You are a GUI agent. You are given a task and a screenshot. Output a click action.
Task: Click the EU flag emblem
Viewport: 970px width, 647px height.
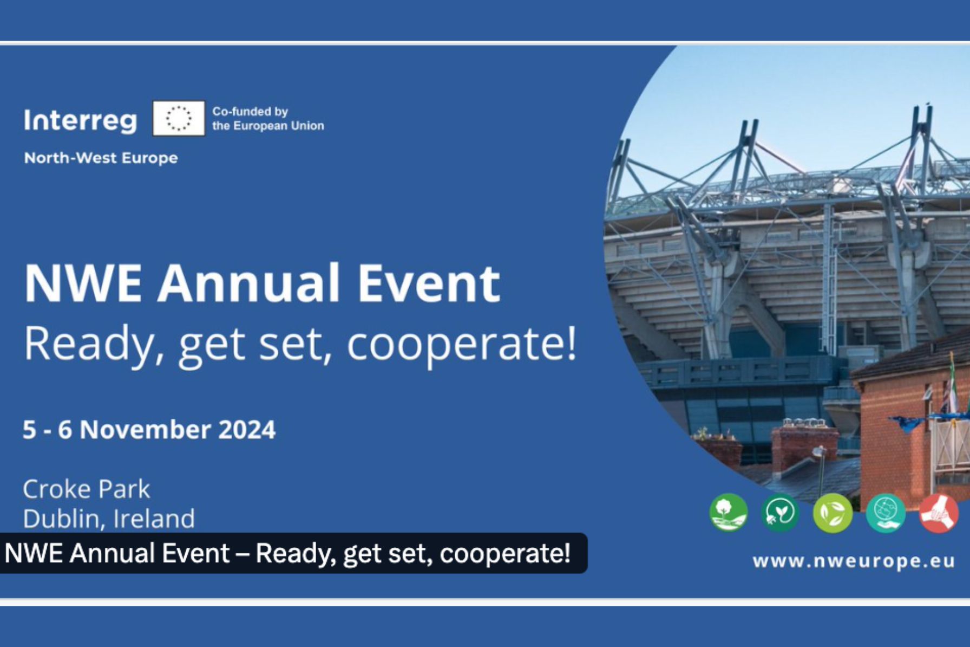(179, 118)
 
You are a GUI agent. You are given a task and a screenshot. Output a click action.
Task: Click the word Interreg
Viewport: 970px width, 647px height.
(80, 120)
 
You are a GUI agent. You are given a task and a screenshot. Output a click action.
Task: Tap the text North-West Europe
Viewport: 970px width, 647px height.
(101, 158)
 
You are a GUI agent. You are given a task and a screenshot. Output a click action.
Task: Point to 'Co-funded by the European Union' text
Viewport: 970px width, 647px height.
(268, 119)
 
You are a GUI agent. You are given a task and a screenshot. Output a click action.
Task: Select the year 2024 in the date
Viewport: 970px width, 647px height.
(246, 430)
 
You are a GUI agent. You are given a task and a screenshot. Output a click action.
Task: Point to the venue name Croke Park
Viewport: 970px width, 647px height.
(87, 489)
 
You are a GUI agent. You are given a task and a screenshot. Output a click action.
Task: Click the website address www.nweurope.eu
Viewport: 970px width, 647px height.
(854, 561)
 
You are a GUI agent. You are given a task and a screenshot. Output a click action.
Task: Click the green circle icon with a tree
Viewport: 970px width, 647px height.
(728, 512)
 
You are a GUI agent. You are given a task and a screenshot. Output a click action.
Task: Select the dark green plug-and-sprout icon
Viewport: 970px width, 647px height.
(780, 512)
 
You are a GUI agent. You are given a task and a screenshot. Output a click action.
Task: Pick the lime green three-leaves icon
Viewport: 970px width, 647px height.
(833, 513)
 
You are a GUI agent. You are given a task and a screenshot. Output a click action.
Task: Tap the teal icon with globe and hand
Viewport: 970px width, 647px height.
(886, 513)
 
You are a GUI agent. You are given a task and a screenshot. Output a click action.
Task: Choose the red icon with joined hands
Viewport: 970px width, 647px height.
(939, 513)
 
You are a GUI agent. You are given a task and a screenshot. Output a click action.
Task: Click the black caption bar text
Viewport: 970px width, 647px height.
(287, 553)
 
